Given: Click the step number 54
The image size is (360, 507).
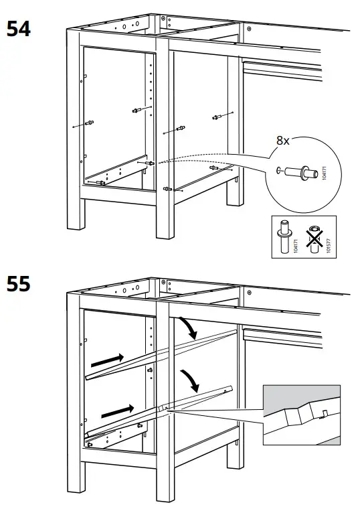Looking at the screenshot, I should click(19, 29).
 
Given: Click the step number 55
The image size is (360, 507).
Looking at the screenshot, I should click(19, 284).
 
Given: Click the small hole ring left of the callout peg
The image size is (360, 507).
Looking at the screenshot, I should click(278, 169).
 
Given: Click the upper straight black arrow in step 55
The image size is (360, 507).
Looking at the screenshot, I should click(108, 359).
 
